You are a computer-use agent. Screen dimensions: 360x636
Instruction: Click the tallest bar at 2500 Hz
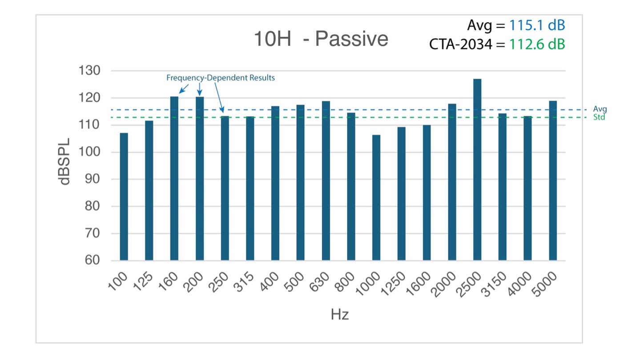[x=477, y=169]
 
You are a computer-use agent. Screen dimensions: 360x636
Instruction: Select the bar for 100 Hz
[x=124, y=196]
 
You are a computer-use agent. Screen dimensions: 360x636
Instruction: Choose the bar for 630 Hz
[x=326, y=180]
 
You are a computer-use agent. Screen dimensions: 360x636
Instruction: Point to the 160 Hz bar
[x=174, y=178]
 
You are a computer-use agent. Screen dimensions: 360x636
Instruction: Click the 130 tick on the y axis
[x=89, y=71]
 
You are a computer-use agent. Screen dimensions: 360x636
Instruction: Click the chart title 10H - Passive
[x=321, y=40]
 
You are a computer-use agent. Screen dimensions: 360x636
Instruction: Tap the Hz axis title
[x=340, y=315]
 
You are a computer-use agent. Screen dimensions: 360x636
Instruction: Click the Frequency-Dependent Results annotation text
[x=221, y=78]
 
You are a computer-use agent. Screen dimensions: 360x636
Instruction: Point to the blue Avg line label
[x=600, y=109]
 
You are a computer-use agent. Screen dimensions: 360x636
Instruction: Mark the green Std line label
[x=600, y=117]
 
